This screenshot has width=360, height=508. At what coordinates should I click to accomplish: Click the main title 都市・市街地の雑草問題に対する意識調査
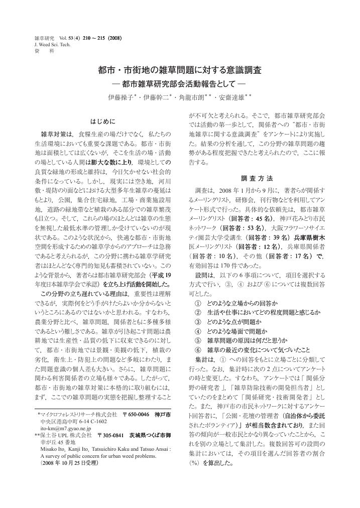point(180,69)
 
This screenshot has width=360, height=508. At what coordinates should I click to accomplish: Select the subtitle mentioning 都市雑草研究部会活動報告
point(180,83)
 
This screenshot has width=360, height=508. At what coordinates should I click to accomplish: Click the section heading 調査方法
point(257,178)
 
